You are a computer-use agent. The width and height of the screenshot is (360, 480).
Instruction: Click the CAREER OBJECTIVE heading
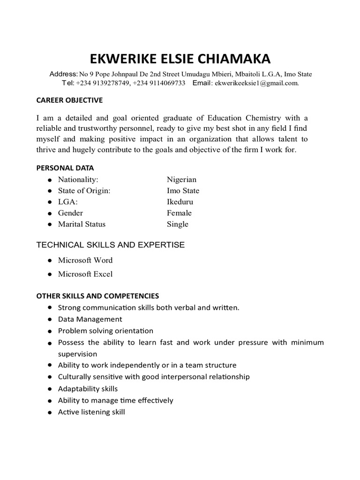coord(69,100)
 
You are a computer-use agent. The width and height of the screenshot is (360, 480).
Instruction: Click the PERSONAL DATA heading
coord(65,168)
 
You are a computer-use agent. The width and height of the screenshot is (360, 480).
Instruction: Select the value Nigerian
coord(181,180)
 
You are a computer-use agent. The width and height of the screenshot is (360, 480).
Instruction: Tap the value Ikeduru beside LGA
coord(180,202)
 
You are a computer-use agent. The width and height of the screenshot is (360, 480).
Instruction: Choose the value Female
coord(179,213)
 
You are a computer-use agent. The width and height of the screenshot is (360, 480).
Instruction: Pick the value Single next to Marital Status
coord(177,224)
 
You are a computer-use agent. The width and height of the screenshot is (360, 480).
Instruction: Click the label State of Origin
coord(84,191)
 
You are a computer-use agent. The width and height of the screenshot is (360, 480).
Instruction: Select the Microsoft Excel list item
coord(85,274)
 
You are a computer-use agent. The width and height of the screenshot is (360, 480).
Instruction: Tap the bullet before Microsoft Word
coord(49,261)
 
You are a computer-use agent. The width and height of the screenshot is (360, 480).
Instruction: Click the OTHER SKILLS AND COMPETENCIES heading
coord(98,296)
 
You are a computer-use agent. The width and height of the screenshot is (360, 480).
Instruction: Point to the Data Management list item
coord(90,319)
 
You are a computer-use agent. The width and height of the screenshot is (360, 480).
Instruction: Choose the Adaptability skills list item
coord(88,389)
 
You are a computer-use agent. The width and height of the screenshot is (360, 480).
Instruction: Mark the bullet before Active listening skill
coord(49,412)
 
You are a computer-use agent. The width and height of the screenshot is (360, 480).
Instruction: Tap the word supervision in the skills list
coord(77,354)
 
